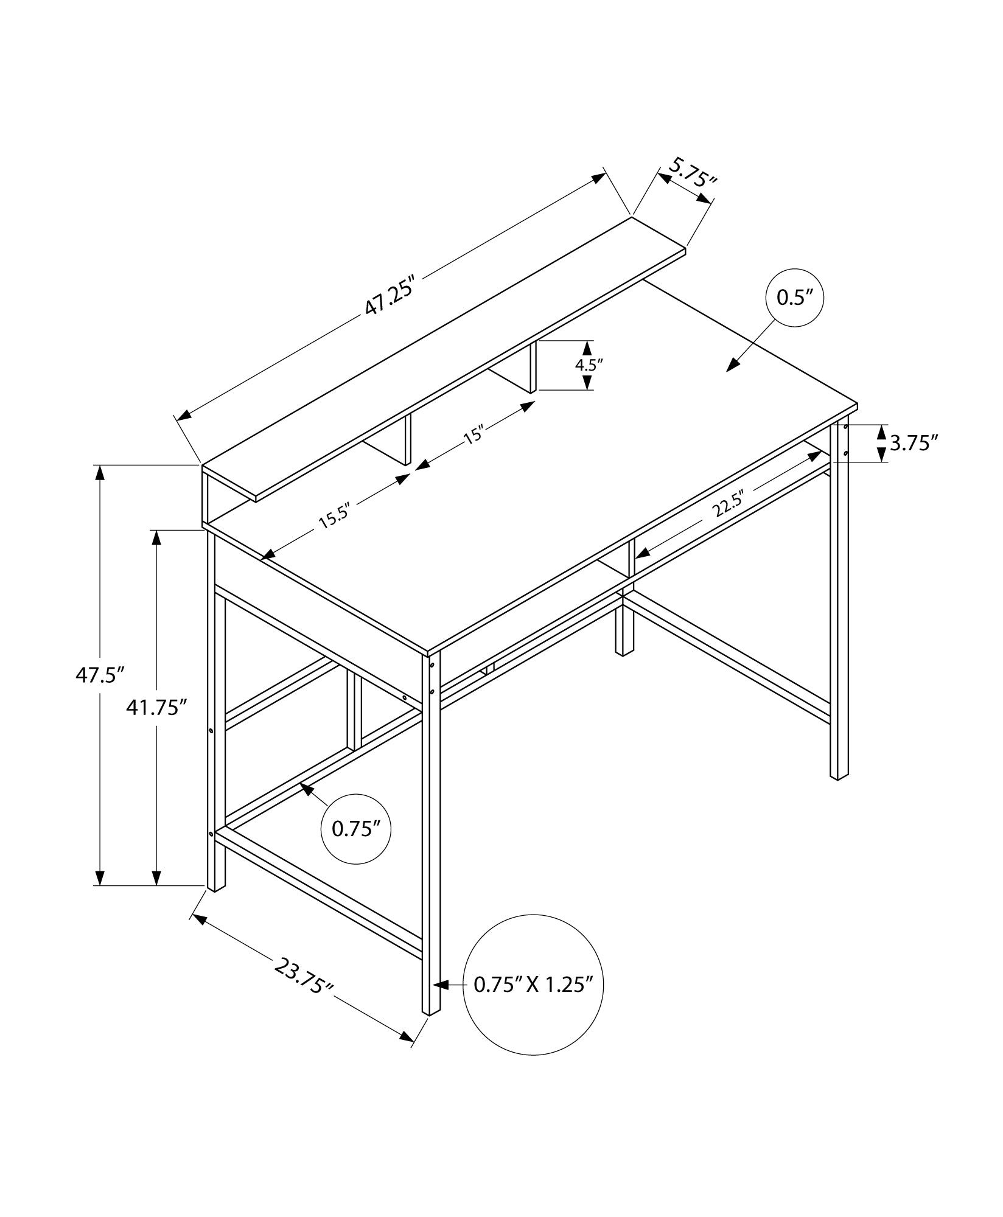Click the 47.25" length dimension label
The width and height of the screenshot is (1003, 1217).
tap(390, 296)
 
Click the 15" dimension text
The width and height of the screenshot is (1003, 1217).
tap(474, 436)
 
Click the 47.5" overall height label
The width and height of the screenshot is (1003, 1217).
tap(100, 675)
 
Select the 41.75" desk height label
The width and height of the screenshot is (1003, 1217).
tap(156, 707)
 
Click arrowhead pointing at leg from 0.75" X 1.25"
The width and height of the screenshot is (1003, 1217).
tap(440, 1001)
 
